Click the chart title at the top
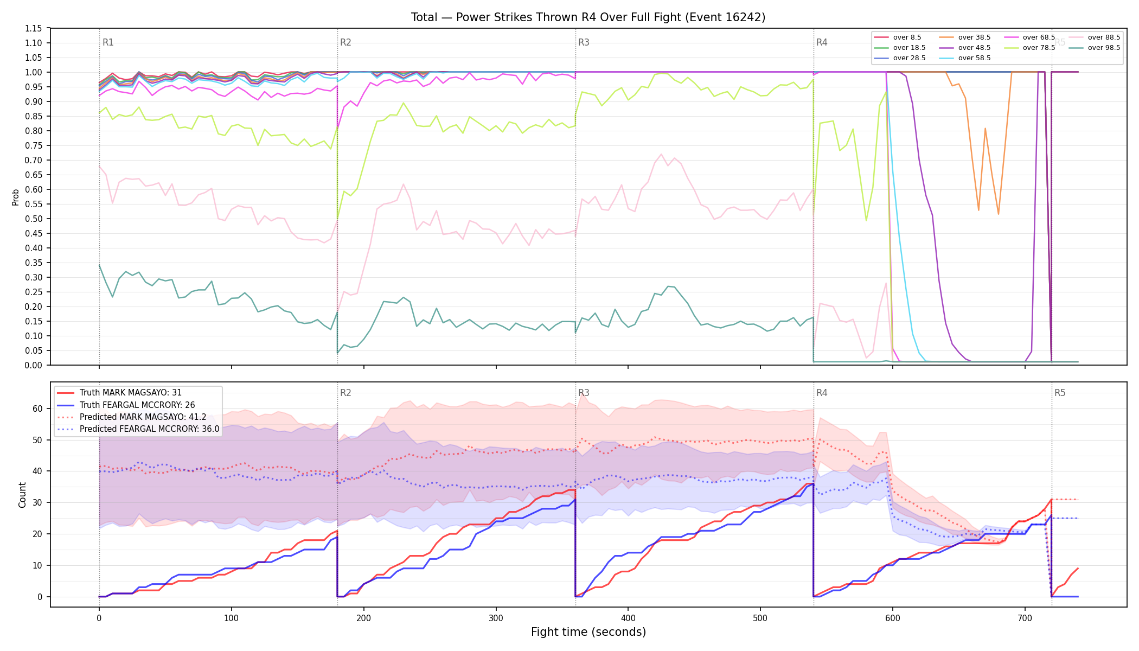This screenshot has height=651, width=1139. (588, 17)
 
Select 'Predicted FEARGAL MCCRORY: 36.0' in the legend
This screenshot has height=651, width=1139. (138, 429)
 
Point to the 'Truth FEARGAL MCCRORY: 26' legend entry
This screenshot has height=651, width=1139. (126, 405)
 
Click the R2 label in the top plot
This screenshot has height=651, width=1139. (345, 42)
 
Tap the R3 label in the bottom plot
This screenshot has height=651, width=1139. (584, 393)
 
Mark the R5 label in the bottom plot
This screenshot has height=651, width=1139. (1060, 393)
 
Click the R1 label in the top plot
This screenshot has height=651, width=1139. (108, 42)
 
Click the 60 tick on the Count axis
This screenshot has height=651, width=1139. (37, 409)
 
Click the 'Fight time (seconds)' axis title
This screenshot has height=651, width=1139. (588, 632)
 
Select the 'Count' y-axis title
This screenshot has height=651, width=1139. (22, 495)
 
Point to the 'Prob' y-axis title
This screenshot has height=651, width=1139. (16, 197)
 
